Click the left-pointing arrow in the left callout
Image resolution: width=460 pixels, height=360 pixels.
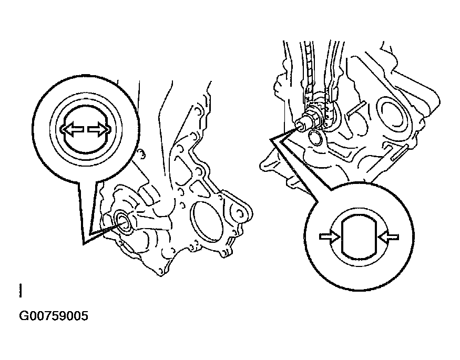(x=72, y=129)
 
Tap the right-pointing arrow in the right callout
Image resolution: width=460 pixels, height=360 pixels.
(x=330, y=236)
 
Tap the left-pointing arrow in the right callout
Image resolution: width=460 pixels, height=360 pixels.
(x=389, y=236)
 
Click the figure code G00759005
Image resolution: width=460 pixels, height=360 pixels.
(x=54, y=316)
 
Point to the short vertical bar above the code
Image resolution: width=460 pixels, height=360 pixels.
(x=21, y=291)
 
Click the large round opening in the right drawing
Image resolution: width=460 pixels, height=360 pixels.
(x=394, y=114)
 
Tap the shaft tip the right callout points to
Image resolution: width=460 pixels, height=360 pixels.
(x=300, y=125)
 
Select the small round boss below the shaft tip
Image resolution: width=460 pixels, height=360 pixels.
(x=315, y=137)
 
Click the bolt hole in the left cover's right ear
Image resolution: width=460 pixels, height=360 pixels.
(x=240, y=214)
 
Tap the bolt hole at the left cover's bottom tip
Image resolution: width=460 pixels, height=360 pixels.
(x=161, y=271)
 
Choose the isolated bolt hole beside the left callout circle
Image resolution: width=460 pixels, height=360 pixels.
(x=141, y=154)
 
